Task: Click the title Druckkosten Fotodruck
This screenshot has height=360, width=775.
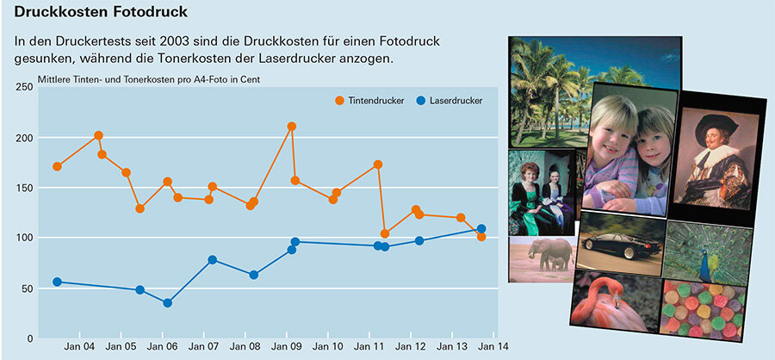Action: [101, 14]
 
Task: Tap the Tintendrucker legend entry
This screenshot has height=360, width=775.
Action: [371, 101]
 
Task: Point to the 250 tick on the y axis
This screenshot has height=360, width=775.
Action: [23, 88]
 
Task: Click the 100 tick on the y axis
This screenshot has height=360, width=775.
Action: [23, 238]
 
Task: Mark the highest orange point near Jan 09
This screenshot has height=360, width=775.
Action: [292, 127]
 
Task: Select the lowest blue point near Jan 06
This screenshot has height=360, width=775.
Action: [167, 303]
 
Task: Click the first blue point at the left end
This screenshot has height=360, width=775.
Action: [57, 282]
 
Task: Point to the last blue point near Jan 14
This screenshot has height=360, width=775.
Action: [481, 229]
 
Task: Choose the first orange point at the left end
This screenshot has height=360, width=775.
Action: [57, 166]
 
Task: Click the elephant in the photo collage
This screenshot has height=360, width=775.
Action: [552, 255]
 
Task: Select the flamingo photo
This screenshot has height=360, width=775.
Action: [614, 301]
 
